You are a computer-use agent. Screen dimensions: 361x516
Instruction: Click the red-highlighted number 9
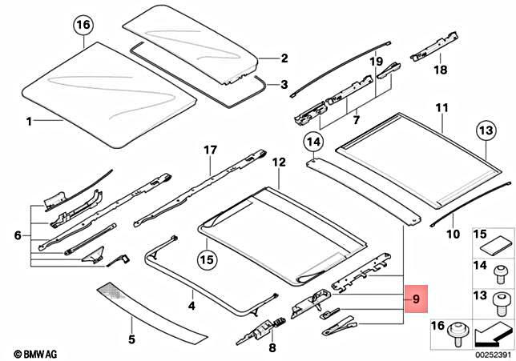click(417, 300)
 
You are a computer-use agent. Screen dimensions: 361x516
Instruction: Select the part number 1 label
click(29, 122)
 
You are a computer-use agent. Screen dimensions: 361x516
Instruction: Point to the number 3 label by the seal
click(283, 83)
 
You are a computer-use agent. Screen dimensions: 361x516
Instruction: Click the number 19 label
click(376, 61)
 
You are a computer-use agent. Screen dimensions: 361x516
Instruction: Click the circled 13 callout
click(487, 130)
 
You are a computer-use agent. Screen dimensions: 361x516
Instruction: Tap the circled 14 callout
click(313, 145)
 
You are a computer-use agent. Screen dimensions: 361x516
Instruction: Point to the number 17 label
click(210, 150)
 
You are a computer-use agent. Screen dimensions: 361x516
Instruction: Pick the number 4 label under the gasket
click(191, 306)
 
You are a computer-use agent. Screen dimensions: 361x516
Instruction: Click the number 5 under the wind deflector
click(131, 339)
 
